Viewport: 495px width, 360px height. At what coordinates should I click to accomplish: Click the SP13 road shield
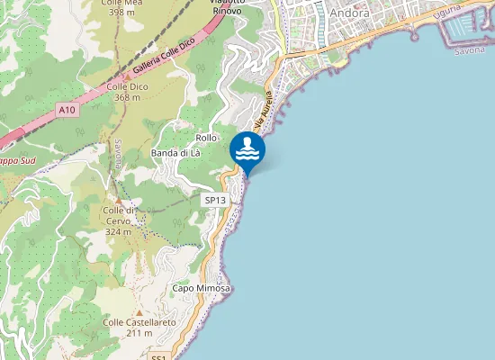click(214, 200)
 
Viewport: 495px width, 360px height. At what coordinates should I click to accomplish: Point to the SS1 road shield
click(160, 356)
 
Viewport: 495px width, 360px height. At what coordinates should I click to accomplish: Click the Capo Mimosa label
click(202, 288)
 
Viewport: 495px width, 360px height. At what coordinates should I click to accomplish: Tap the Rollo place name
click(206, 137)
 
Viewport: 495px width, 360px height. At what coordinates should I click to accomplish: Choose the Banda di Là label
click(175, 154)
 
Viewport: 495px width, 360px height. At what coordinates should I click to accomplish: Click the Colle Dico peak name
click(127, 86)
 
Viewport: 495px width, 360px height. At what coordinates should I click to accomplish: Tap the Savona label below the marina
click(469, 51)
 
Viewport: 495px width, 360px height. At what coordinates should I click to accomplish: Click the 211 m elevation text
click(139, 333)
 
